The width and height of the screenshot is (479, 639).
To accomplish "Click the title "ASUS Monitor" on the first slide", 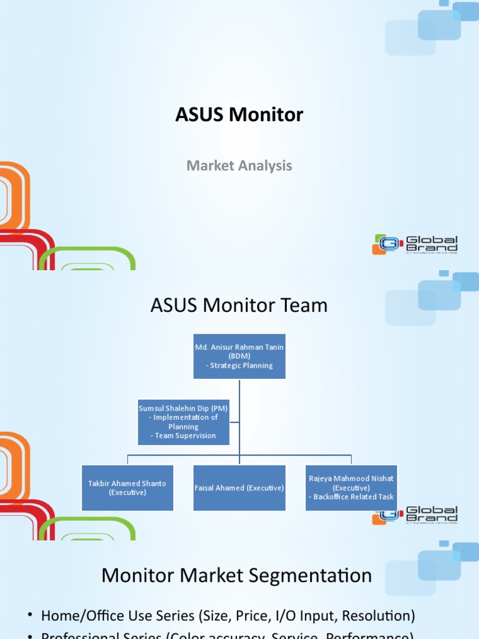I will click(239, 115).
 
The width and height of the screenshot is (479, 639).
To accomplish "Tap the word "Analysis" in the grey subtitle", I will click(266, 166).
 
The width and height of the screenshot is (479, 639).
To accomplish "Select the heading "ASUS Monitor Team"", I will click(239, 306).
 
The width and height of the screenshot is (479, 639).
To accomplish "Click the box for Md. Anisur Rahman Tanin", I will click(239, 356).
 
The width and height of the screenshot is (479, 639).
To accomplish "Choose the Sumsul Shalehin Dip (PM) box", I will click(183, 422).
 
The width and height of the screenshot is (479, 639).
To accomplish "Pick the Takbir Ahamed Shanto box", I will click(128, 487).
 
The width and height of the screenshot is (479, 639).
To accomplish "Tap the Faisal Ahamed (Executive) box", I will click(239, 487).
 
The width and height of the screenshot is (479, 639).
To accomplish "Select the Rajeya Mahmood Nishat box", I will click(351, 487).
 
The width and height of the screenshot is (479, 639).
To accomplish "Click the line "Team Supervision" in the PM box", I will click(185, 436).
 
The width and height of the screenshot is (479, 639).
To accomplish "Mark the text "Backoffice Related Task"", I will click(354, 497).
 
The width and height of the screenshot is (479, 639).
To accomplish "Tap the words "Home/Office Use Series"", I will click(118, 616).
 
